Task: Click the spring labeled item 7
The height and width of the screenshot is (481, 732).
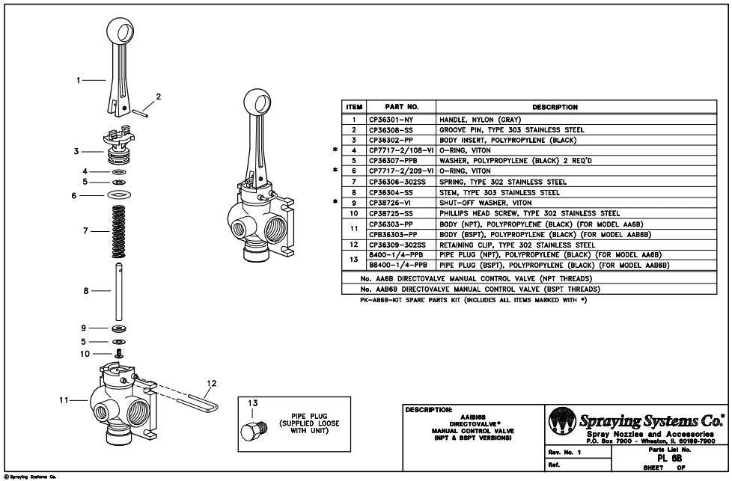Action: pos(118,231)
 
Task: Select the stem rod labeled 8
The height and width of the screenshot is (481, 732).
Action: pos(118,290)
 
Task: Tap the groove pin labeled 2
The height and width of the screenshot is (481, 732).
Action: pos(142,113)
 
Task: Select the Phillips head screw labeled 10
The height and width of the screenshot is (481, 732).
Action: pos(118,353)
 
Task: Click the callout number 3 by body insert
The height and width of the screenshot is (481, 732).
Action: pos(77,151)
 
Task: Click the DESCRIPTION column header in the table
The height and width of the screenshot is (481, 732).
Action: pos(555,107)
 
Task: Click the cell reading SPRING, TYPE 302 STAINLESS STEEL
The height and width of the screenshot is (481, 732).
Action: pos(501,182)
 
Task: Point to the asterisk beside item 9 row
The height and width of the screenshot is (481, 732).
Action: pos(335,202)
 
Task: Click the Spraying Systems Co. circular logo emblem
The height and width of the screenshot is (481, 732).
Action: pos(561,421)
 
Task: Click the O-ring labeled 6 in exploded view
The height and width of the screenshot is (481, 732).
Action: pos(118,195)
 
